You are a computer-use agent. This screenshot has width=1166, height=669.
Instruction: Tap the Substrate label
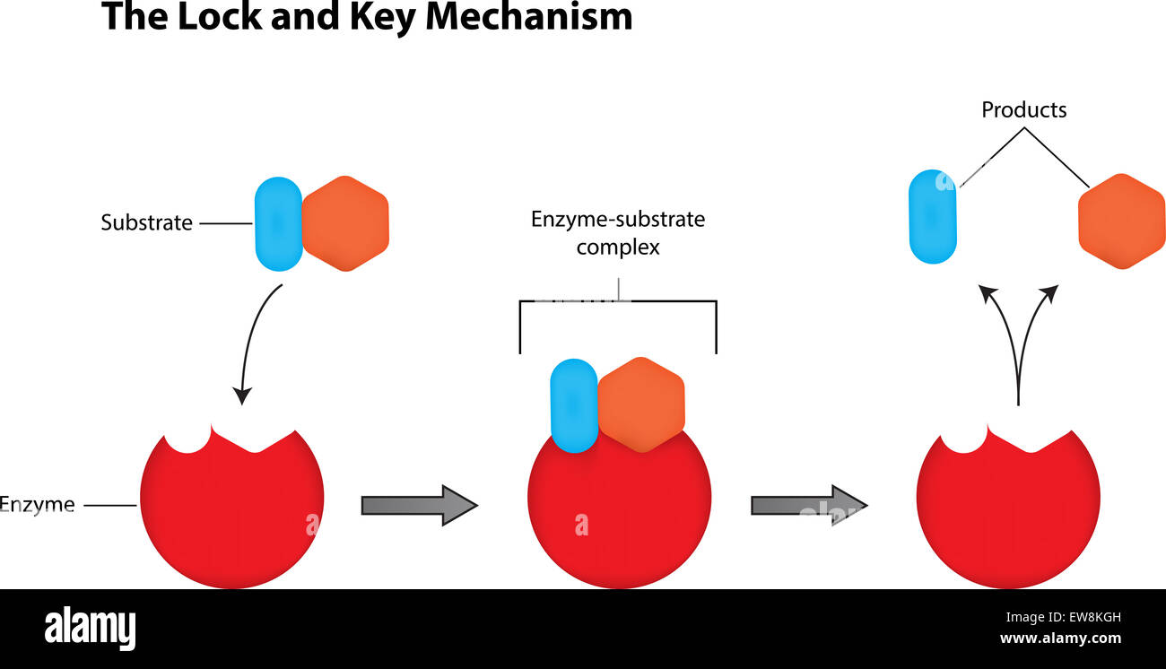[x=146, y=223]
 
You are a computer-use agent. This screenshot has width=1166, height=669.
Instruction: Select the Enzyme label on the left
[x=38, y=505]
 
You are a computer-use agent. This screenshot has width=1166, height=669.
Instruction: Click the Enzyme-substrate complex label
[x=618, y=233]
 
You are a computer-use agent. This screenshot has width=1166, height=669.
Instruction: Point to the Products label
[x=1023, y=110]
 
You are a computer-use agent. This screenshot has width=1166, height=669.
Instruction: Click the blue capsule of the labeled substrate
[x=278, y=223]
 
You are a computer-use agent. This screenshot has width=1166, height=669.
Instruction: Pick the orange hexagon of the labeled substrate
[x=345, y=223]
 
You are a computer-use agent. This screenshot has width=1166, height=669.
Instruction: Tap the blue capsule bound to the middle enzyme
[x=573, y=405]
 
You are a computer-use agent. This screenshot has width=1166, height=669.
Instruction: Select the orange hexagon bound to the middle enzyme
[x=640, y=404]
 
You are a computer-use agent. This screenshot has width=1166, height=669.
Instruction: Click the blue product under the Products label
[x=933, y=216]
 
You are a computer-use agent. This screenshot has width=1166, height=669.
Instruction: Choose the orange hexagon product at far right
[x=1121, y=222]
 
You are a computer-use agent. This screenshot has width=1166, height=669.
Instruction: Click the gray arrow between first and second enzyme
[x=418, y=505]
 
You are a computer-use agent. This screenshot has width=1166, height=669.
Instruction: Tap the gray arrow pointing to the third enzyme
[x=808, y=505]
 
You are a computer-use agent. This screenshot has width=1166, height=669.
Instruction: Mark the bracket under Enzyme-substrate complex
[x=618, y=303]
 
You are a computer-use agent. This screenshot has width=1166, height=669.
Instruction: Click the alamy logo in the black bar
[x=91, y=629]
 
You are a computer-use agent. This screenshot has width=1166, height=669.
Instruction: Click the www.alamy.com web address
[x=1060, y=639]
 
